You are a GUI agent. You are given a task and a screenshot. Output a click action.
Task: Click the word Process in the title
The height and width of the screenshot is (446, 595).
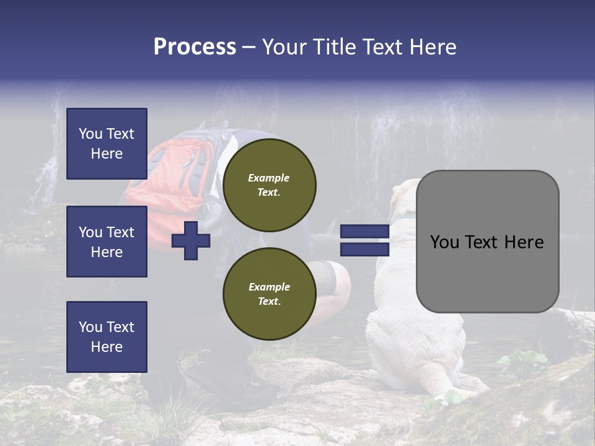pyautogui.click(x=195, y=47)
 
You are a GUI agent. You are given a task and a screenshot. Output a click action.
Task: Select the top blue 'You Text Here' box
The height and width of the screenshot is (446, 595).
pyautogui.click(x=107, y=144)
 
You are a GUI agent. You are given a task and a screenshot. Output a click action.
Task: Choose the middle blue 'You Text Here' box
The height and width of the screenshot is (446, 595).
pyautogui.click(x=107, y=242)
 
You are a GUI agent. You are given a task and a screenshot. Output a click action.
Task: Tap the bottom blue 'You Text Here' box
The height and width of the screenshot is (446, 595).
pyautogui.click(x=107, y=337)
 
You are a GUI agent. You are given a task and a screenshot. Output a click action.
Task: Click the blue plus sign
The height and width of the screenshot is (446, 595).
pyautogui.click(x=191, y=240)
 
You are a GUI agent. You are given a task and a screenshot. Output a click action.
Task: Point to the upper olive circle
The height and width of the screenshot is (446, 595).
pyautogui.click(x=269, y=185)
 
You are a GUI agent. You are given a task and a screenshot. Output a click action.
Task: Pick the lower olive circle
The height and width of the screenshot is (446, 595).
pyautogui.click(x=269, y=294)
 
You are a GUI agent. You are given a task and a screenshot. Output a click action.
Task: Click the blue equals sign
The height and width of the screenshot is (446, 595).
pyautogui.click(x=364, y=240)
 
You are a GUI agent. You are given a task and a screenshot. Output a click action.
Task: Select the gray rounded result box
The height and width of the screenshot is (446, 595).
pyautogui.click(x=487, y=242)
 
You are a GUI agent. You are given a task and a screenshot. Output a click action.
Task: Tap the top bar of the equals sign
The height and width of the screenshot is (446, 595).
pyautogui.click(x=364, y=232)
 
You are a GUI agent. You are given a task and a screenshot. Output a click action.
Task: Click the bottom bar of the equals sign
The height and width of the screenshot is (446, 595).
pyautogui.click(x=364, y=249)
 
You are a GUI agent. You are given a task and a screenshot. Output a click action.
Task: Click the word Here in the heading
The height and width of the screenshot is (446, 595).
pyautogui.click(x=432, y=47)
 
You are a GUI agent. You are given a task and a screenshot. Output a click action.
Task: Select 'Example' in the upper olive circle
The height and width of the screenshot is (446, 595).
pyautogui.click(x=268, y=178)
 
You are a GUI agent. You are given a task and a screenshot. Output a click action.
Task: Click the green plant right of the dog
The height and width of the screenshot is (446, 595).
pyautogui.click(x=521, y=362)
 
